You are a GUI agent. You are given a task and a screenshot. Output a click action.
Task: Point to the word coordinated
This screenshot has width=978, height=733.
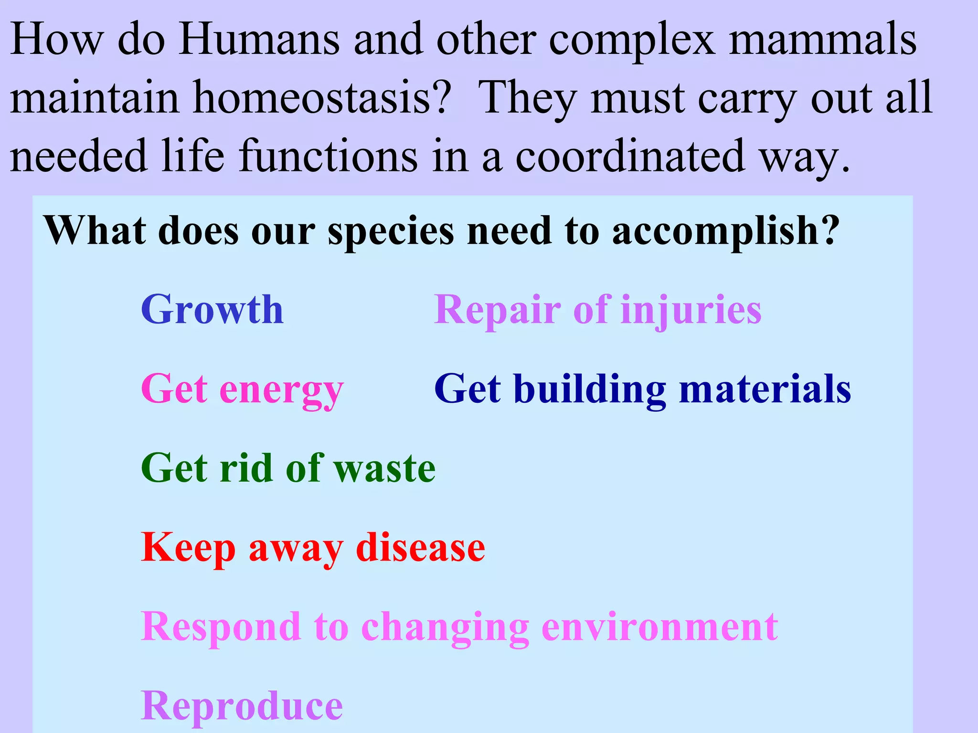(630, 156)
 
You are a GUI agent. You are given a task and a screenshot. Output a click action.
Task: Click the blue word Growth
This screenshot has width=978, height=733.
(212, 310)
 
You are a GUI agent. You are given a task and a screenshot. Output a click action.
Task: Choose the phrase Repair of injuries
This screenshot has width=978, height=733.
(597, 311)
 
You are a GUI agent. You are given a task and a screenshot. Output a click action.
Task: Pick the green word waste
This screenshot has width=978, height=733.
(384, 469)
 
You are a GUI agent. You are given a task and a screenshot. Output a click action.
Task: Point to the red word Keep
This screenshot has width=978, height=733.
(188, 548)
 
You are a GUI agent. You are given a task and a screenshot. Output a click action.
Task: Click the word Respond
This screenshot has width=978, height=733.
(221, 628)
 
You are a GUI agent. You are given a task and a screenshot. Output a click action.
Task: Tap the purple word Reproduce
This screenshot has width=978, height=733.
(242, 706)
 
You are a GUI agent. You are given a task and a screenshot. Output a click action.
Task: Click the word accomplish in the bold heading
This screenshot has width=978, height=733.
(725, 232)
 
